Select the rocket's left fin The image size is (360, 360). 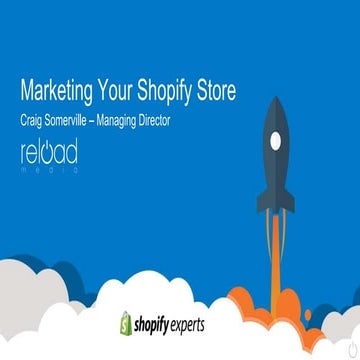[x=262, y=199]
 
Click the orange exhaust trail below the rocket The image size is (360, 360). [x=276, y=240]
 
